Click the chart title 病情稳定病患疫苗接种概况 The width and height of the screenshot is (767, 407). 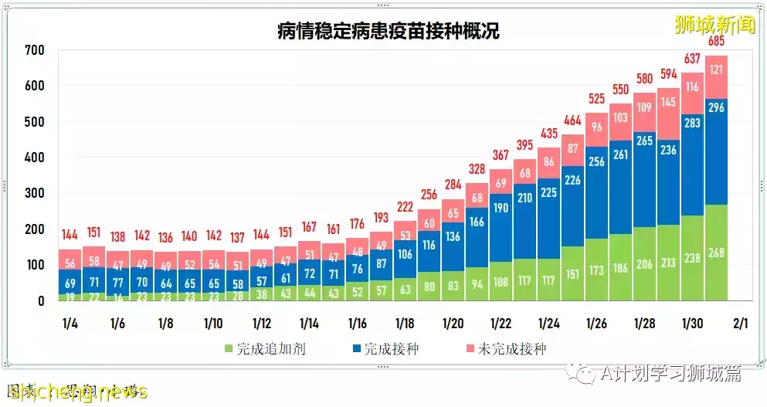click(x=389, y=32)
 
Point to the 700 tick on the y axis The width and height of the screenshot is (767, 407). click(x=35, y=51)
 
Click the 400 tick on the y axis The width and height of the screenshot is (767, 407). click(x=35, y=158)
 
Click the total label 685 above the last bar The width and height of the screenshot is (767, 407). click(x=716, y=40)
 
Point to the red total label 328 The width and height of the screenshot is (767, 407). click(x=477, y=169)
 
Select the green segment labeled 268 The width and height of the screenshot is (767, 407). click(x=716, y=253)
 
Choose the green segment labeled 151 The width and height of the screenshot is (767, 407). click(x=572, y=273)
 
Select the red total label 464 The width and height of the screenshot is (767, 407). click(x=572, y=120)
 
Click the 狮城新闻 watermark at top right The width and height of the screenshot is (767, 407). click(x=714, y=24)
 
